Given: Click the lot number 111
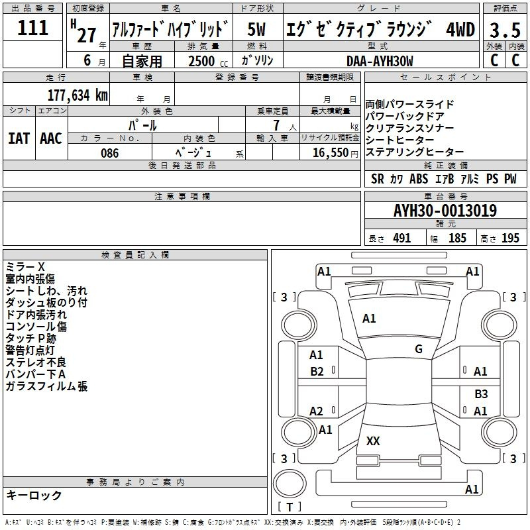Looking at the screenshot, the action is tap(32, 28).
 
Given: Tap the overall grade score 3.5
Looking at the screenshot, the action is tap(505, 30).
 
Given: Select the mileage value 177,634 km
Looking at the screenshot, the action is tap(78, 95).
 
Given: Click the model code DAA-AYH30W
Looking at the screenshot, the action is tap(380, 61).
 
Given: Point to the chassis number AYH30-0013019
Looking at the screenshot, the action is tap(445, 211).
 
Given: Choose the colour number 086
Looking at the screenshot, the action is tap(110, 153).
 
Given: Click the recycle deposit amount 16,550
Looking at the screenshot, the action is tap(331, 153).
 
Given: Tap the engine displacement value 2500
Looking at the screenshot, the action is tap(201, 61).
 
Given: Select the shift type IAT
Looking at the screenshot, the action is tap(19, 138).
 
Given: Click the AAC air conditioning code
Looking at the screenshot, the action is tap(51, 138).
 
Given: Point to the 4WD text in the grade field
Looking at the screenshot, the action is tap(460, 29).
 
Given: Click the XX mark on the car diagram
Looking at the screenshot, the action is tap(373, 441).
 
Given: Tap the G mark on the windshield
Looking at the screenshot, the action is tap(419, 349).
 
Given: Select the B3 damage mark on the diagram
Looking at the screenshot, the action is tap(481, 394).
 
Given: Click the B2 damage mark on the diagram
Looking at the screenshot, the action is tap(317, 372).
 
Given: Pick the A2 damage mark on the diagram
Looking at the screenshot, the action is tap(317, 411).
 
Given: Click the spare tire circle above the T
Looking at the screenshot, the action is tap(290, 484).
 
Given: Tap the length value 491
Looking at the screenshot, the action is tap(402, 238).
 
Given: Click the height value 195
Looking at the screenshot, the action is tap(510, 238).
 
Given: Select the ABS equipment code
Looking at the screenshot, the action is tap(419, 179).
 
